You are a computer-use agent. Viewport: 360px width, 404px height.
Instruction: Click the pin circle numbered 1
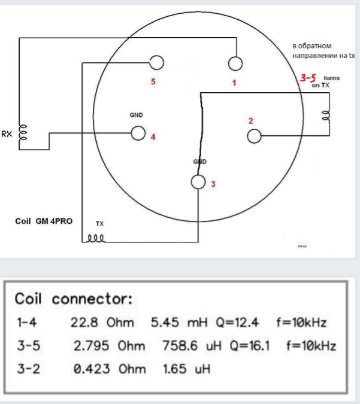[x=235, y=63]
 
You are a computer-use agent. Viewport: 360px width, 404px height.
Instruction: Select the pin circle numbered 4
[x=138, y=133]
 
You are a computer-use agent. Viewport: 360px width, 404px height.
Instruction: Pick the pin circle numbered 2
[x=254, y=136]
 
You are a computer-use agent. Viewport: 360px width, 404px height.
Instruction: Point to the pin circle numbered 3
[x=199, y=181]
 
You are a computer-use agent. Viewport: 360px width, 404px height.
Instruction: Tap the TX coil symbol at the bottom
[x=97, y=238]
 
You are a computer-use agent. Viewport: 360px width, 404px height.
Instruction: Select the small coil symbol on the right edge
[x=326, y=116]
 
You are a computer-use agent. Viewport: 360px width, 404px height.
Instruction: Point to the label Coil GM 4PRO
[x=44, y=221]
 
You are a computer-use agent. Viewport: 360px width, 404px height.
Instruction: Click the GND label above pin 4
[x=136, y=114]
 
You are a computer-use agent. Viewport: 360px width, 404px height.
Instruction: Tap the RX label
[x=7, y=134]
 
